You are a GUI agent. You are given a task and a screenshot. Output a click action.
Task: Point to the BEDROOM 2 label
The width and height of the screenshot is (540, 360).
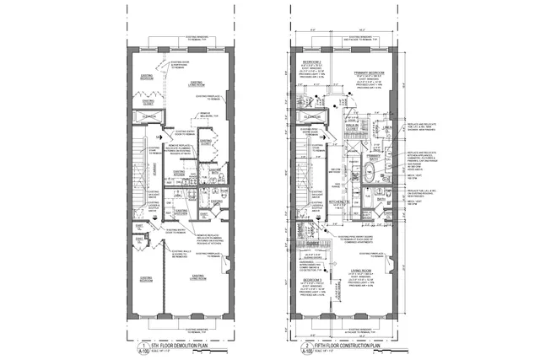(x=303, y=63)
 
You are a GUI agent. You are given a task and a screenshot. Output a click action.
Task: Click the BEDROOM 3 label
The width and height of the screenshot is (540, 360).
(x=309, y=278)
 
